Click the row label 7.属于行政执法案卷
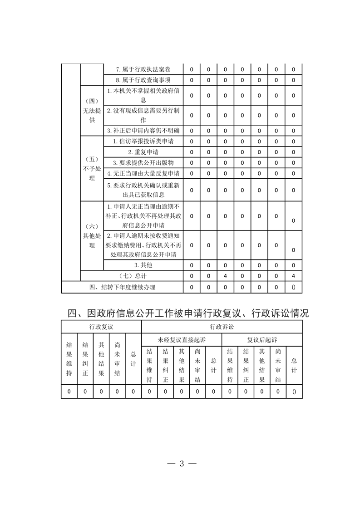tap(143, 69)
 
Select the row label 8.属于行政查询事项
tap(143, 80)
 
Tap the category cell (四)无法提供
tap(92, 111)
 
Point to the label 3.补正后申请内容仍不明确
tap(143, 131)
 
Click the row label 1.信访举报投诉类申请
tap(143, 142)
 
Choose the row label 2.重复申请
tap(143, 152)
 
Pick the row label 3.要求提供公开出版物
tap(143, 163)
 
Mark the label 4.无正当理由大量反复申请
tap(143, 174)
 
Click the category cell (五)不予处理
tap(92, 169)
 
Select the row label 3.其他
tap(143, 265)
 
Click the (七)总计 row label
tap(132, 276)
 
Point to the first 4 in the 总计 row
tap(225, 276)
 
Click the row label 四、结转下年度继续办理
tap(122, 287)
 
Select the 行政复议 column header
tap(101, 327)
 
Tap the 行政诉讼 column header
tap(222, 327)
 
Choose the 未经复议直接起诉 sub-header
tap(182, 339)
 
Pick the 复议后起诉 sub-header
tap(262, 339)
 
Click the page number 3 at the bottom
tap(181, 464)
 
